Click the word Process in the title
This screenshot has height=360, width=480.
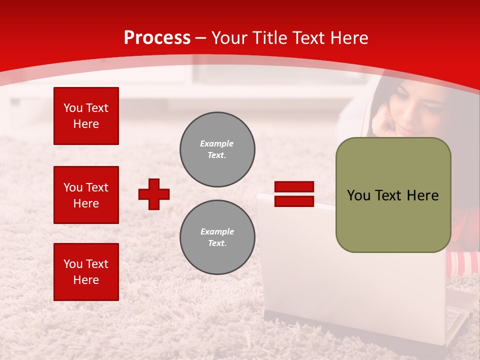(x=157, y=38)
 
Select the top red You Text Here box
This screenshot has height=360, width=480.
(x=86, y=116)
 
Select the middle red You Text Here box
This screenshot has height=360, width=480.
(x=86, y=195)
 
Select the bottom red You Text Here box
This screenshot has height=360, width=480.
(x=86, y=272)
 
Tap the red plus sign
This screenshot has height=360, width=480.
(x=154, y=194)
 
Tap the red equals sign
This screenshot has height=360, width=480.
(x=294, y=194)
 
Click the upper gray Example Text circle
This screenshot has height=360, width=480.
(x=217, y=149)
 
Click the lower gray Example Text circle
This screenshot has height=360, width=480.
(x=217, y=237)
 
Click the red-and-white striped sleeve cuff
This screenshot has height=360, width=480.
(x=463, y=263)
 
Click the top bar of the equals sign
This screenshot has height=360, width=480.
(x=294, y=187)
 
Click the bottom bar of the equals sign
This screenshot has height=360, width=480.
(x=294, y=201)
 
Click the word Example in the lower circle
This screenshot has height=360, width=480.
(x=217, y=231)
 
